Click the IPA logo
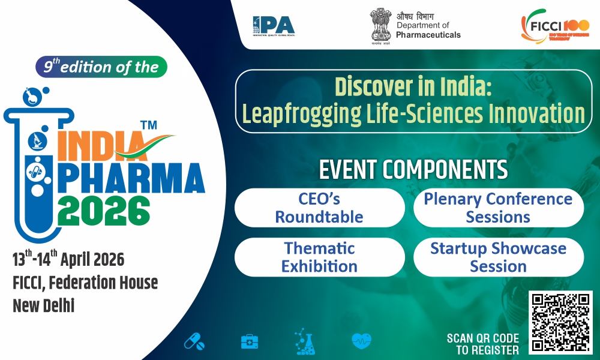[x=274, y=25]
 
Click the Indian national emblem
[x=380, y=25]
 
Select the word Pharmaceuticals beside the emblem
[x=428, y=35]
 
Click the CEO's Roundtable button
[x=319, y=208]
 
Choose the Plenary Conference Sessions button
[x=498, y=208]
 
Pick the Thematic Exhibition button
[x=319, y=257]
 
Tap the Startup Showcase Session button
[x=498, y=257]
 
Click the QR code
[x=560, y=323]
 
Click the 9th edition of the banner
[x=100, y=67]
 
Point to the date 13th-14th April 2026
[x=68, y=259]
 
